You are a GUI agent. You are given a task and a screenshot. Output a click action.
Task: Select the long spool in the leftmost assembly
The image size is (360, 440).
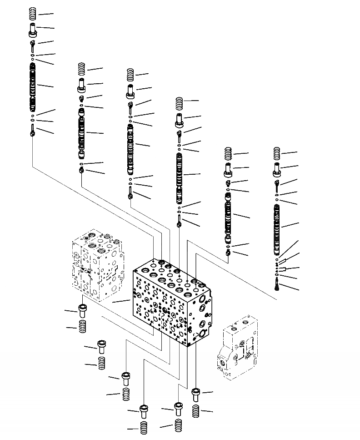coord(33,87)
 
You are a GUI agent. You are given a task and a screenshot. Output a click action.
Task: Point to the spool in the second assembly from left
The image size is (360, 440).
coord(82,132)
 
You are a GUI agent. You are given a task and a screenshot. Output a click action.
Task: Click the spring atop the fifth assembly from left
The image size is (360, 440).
coord(229,154)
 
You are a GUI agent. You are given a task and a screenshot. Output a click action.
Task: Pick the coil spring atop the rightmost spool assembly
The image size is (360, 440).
coord(277,153)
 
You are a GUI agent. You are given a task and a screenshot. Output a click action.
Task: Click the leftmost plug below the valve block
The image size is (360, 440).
coord(82,311)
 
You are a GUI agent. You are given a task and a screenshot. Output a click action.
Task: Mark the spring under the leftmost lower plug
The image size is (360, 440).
coord(82,327)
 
